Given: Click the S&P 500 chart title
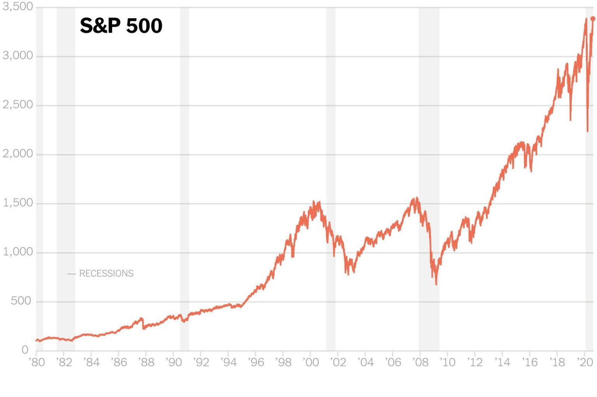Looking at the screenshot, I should (121, 26).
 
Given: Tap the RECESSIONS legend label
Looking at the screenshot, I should (106, 273).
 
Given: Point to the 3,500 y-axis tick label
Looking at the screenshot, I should (18, 7).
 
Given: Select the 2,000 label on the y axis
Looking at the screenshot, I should (18, 154).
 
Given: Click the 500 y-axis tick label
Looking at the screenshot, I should (21, 301).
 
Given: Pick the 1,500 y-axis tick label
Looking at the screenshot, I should (18, 203).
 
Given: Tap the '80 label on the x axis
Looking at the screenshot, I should (37, 362).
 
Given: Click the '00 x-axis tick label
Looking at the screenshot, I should (311, 362).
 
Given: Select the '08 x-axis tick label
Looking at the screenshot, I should (420, 362).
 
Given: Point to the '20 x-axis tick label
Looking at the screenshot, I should (585, 362).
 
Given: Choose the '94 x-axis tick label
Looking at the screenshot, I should (229, 362).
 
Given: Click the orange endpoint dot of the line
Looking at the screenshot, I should (593, 19).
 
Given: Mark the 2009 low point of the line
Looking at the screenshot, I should (436, 284).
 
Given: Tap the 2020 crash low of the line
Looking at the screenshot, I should (587, 131).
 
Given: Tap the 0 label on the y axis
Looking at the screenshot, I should (25, 350).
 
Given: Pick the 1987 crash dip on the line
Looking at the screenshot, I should (143, 329).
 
